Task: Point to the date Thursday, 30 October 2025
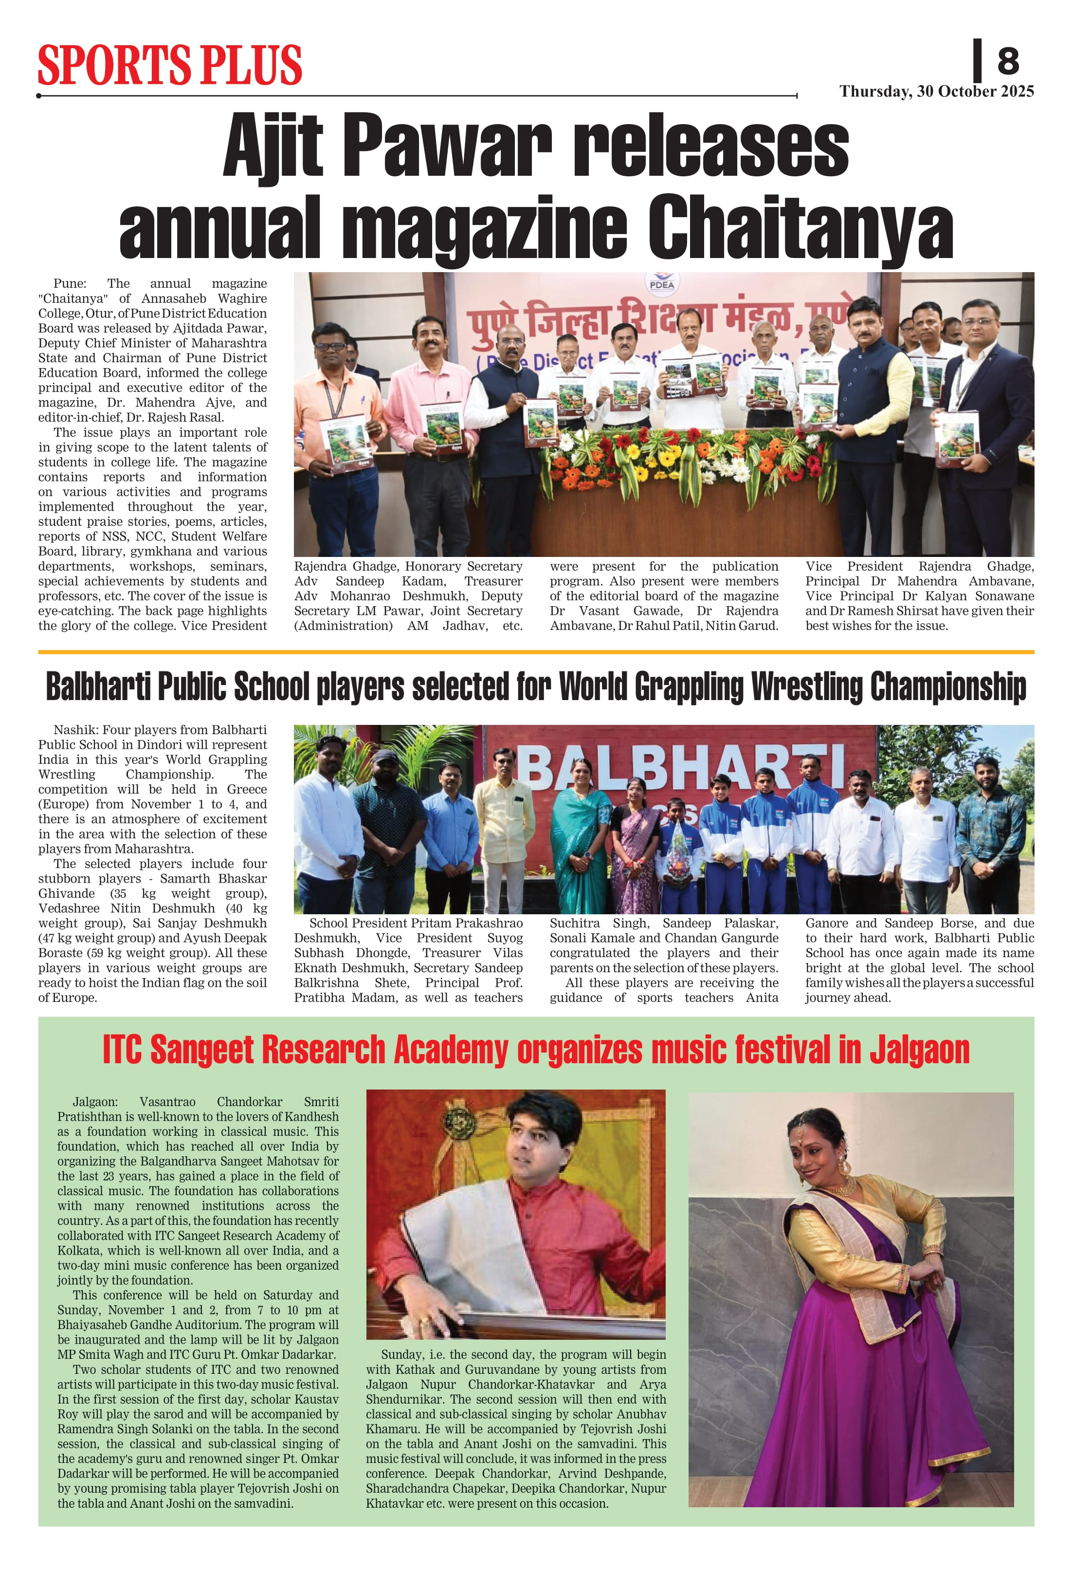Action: tap(936, 92)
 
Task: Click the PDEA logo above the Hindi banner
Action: tap(661, 283)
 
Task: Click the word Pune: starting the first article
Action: tap(70, 283)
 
